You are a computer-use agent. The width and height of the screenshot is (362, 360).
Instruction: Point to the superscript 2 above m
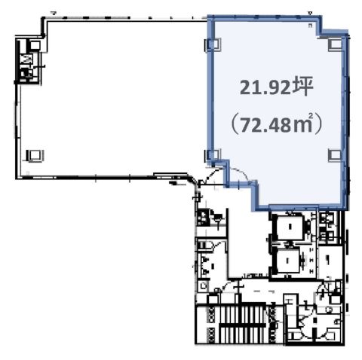pyautogui.click(x=311, y=116)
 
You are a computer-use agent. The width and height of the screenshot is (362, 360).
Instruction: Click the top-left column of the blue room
pyautogui.click(x=213, y=44)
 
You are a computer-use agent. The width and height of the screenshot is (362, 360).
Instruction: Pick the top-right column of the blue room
pyautogui.click(x=336, y=44)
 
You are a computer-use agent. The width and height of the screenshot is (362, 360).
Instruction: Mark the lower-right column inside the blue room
pyautogui.click(x=335, y=155)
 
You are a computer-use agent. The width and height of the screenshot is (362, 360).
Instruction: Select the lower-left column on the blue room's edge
pyautogui.click(x=213, y=154)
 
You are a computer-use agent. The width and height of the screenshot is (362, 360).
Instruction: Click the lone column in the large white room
pyautogui.click(x=35, y=156)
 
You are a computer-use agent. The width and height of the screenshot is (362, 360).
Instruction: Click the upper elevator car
pyautogui.click(x=290, y=227)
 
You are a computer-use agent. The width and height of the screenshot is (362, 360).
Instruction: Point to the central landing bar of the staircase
pyautogui.click(x=242, y=325)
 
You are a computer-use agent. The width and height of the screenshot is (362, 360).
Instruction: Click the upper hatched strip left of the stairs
pyautogui.click(x=210, y=315)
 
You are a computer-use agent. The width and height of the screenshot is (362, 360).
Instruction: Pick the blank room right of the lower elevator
pyautogui.click(x=330, y=261)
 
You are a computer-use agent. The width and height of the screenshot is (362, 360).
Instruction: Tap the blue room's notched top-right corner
pyautogui.click(x=321, y=32)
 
